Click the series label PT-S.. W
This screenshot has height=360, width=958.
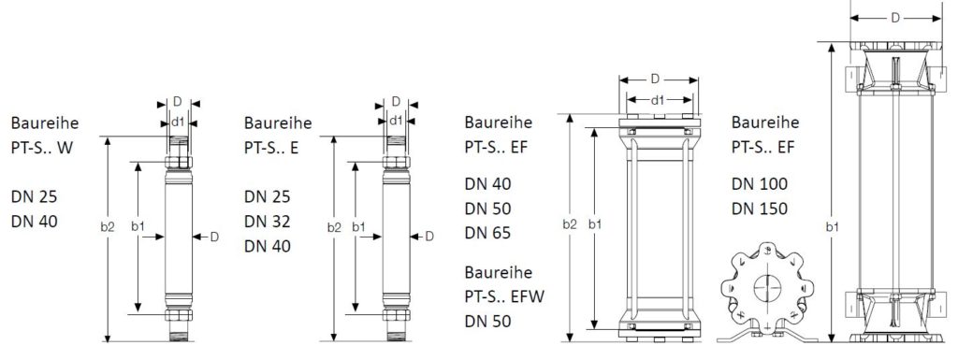(41, 148)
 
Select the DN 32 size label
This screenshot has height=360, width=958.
(268, 222)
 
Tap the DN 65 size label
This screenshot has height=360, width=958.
(487, 233)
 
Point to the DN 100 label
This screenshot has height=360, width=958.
(760, 183)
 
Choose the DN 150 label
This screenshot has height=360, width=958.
(760, 209)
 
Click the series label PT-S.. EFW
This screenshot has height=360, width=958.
(504, 296)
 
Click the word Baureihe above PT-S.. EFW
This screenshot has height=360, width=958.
(498, 272)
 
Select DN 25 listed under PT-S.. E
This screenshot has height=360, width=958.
(268, 196)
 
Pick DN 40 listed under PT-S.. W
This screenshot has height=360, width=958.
(35, 222)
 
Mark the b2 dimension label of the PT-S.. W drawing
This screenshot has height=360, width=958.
(107, 227)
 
